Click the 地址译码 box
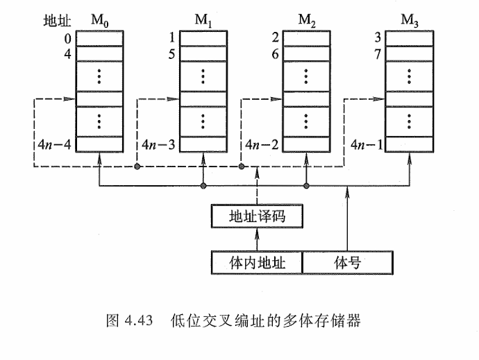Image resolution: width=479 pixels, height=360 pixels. (x=258, y=218)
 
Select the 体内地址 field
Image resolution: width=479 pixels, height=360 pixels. (x=258, y=262)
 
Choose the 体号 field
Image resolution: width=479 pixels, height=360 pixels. (x=348, y=262)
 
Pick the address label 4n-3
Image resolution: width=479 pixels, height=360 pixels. (x=159, y=146)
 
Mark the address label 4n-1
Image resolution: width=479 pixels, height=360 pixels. (x=365, y=146)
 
